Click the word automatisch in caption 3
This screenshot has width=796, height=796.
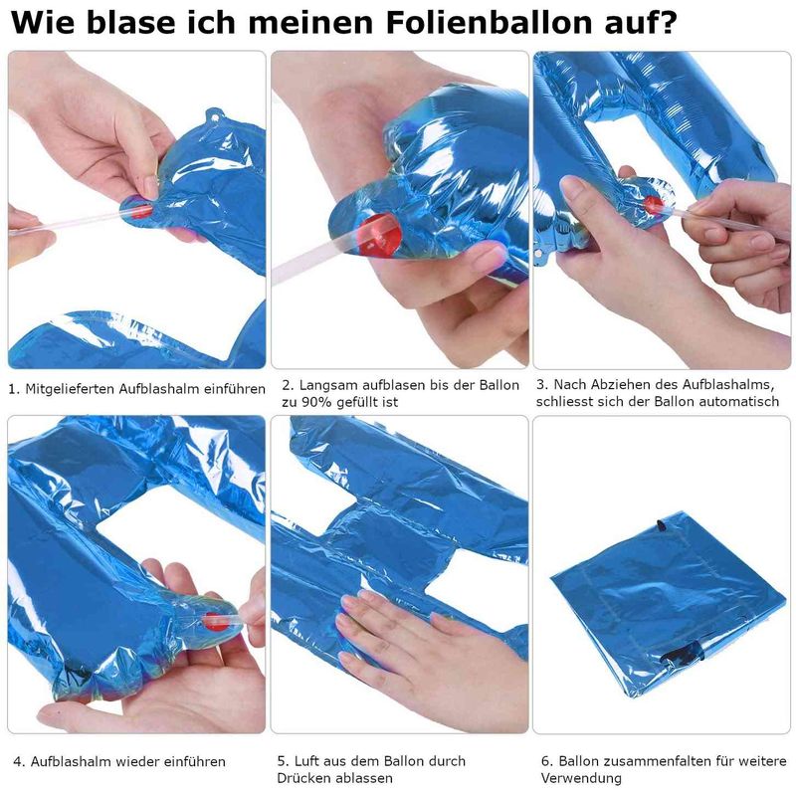click(x=730, y=402)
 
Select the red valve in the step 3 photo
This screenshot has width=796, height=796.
click(x=652, y=204)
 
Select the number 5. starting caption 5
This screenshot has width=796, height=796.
click(x=283, y=762)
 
